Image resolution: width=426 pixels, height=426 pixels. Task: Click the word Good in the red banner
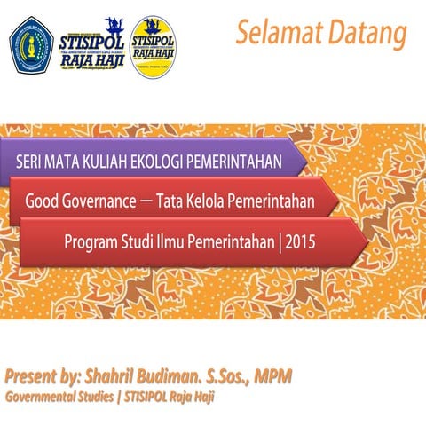(41, 201)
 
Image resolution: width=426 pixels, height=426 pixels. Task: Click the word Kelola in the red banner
(204, 201)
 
